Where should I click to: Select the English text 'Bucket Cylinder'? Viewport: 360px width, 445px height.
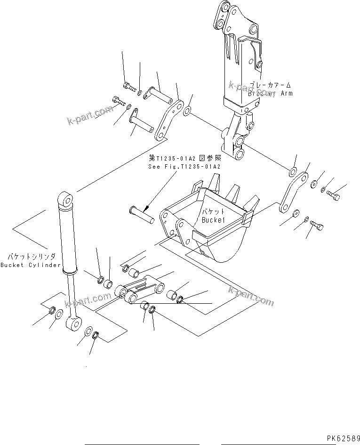point(31,265)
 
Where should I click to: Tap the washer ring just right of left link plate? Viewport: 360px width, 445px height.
point(186,111)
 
